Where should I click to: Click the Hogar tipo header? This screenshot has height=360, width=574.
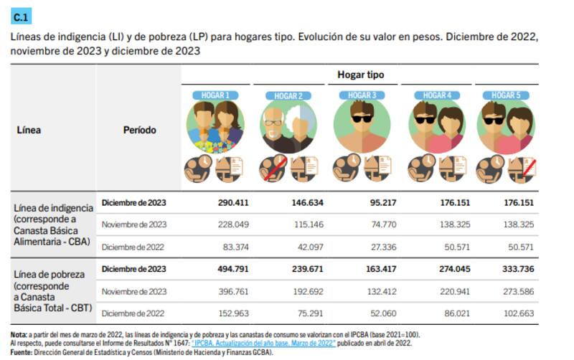tap(360, 75)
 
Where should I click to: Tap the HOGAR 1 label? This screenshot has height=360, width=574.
tap(215, 95)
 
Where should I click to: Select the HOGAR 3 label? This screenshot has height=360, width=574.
tap(362, 95)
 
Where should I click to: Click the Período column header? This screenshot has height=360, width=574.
tap(139, 131)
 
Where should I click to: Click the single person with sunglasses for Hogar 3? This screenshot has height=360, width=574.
tap(362, 125)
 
